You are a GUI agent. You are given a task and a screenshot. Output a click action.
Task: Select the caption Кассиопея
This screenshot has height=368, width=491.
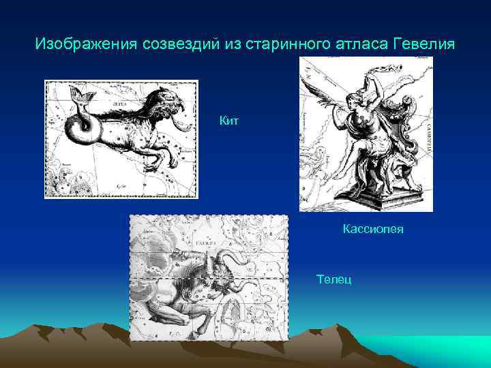373,229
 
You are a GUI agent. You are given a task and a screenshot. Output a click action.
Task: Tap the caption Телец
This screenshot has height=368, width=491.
334,279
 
